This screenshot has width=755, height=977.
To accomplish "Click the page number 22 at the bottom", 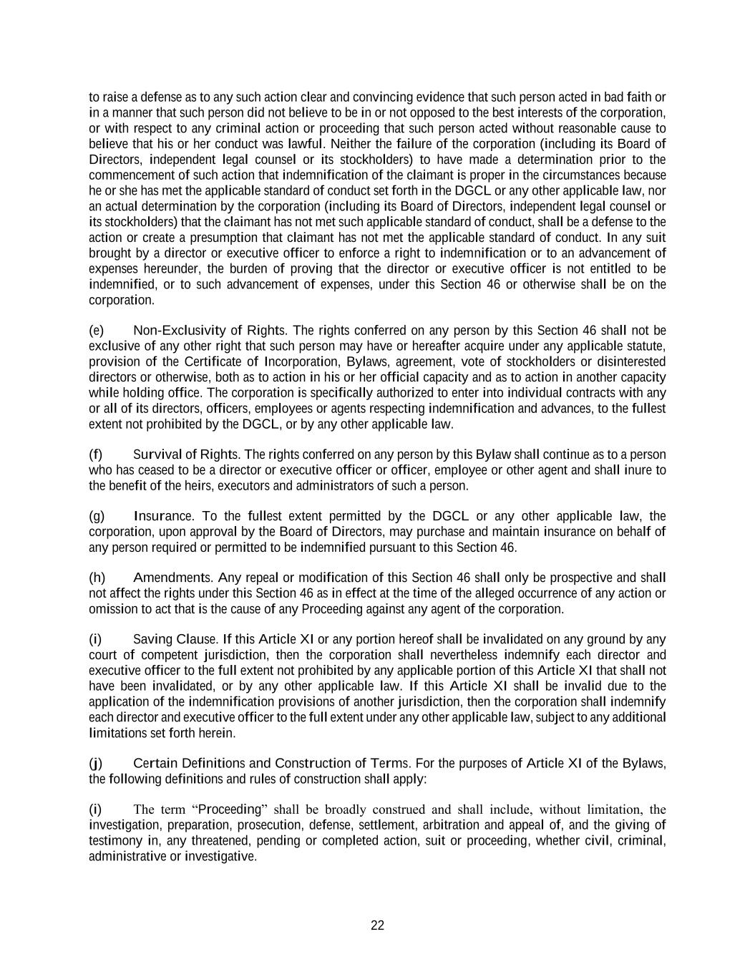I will [x=377, y=925].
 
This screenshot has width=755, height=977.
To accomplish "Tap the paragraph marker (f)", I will [x=95, y=455].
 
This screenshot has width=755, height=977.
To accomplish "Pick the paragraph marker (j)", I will [x=95, y=763].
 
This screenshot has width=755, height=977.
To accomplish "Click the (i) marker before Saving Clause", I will [x=94, y=639].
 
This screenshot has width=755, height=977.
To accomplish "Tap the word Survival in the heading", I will [x=155, y=455].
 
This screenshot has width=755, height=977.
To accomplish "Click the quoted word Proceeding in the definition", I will [x=229, y=810].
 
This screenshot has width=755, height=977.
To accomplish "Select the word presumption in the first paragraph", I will [x=252, y=238].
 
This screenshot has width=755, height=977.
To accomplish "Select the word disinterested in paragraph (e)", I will [x=629, y=361].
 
